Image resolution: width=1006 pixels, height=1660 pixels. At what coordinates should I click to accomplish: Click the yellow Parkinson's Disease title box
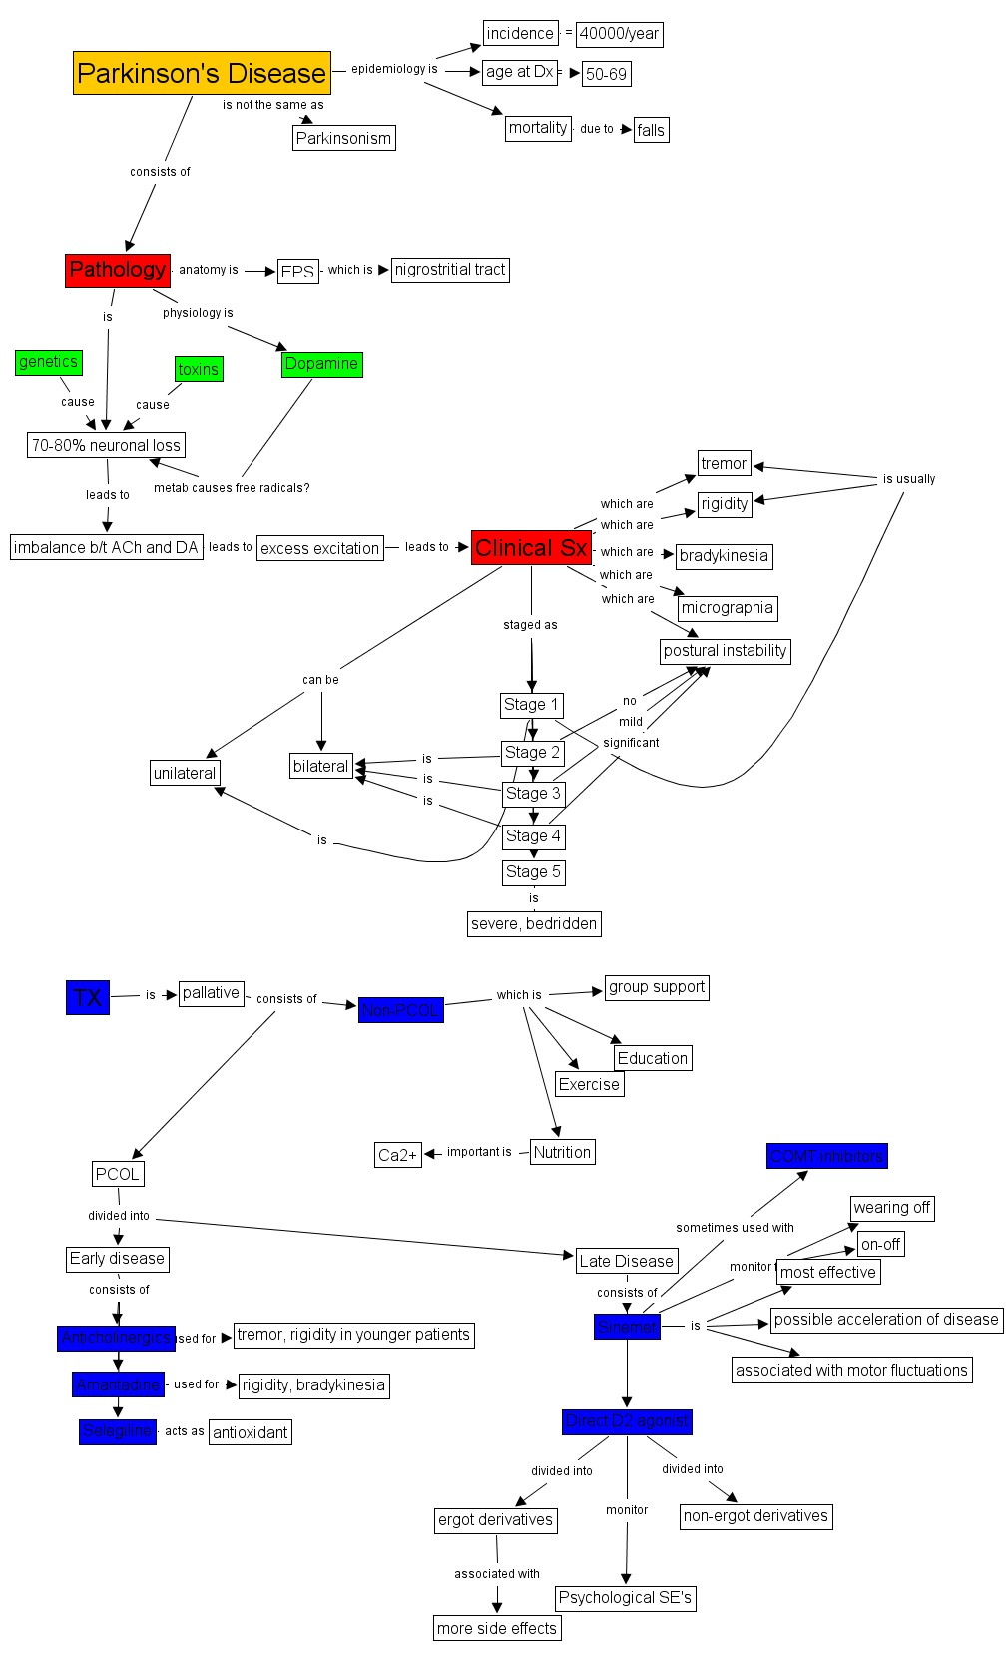[x=202, y=73]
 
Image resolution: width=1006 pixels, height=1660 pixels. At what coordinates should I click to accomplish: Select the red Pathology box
[x=118, y=270]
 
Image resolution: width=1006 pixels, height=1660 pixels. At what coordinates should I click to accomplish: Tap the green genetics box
[x=49, y=362]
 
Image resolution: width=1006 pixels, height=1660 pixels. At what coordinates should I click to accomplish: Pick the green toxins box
[x=199, y=369]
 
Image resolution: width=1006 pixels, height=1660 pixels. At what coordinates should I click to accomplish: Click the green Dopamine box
[x=321, y=364]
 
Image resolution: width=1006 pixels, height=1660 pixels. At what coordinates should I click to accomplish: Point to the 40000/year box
[x=619, y=34]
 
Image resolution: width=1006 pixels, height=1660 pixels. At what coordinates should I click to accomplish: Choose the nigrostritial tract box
[x=450, y=270]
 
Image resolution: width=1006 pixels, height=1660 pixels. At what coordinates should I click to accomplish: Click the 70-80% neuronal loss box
[x=106, y=445]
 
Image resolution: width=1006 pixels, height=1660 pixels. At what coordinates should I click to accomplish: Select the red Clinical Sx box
[x=531, y=548]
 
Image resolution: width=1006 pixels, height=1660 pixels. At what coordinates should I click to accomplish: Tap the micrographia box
[x=727, y=608]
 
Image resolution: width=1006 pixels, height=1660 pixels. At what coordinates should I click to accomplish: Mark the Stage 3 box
[x=533, y=794]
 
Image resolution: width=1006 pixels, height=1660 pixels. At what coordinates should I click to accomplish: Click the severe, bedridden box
[x=534, y=924]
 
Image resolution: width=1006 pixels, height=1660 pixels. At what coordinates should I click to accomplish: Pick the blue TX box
[x=88, y=997]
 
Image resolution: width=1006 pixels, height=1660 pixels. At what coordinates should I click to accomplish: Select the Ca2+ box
[x=397, y=1155]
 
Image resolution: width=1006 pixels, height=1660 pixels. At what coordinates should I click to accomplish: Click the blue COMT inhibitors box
[x=826, y=1156]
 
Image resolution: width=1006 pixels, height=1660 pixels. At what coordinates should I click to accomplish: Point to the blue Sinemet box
[x=627, y=1327]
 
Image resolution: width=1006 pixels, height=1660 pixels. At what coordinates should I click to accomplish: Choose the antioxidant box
[x=251, y=1432]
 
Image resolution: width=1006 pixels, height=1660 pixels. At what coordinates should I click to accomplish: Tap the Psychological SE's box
[x=625, y=1598]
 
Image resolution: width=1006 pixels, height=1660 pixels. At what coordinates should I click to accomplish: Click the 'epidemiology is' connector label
[x=394, y=69]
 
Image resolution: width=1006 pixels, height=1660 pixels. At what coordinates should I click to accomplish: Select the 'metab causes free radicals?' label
[x=232, y=488]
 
